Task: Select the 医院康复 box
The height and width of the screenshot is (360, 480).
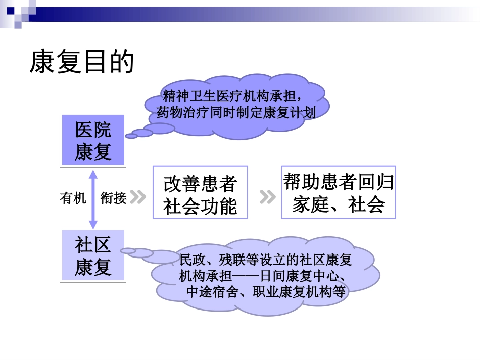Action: (x=93, y=140)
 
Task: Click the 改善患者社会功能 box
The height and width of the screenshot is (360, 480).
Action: (x=200, y=192)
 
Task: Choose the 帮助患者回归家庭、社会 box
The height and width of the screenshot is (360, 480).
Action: (x=338, y=192)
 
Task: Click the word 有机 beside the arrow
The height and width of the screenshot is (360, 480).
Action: (x=73, y=198)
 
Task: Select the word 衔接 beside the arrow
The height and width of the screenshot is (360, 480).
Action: (x=113, y=198)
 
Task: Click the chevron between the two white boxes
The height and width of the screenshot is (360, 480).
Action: (x=267, y=197)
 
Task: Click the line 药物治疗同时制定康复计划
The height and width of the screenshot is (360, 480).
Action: (x=236, y=112)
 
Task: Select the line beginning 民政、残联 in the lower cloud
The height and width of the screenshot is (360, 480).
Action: (x=266, y=261)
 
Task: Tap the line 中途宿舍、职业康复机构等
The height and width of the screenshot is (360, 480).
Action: (x=266, y=292)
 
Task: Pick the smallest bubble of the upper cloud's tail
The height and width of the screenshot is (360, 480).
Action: (x=131, y=136)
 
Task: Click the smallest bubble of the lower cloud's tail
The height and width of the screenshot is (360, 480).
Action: (x=128, y=250)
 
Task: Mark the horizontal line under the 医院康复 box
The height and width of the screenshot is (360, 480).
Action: (x=93, y=167)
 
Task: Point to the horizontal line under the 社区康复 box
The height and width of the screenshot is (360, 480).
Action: (x=93, y=282)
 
